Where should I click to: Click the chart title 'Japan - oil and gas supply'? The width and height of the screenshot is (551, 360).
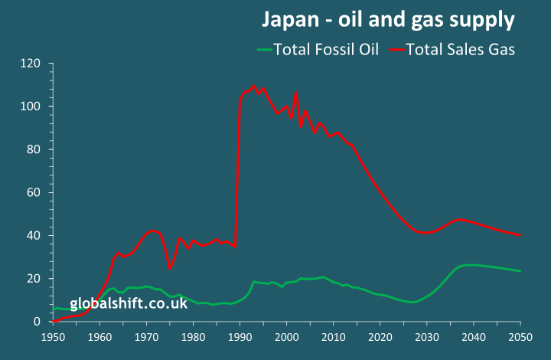click(389, 19)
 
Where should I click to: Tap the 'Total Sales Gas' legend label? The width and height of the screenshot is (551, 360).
click(460, 49)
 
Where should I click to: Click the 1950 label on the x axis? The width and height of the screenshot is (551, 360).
click(54, 336)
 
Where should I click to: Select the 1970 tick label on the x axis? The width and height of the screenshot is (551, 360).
click(147, 336)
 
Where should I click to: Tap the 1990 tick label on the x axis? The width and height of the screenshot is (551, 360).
click(240, 336)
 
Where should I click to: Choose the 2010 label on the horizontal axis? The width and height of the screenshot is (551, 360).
click(334, 336)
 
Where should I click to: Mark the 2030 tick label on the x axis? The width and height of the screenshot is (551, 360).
click(427, 336)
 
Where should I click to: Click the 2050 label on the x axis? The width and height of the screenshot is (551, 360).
click(520, 336)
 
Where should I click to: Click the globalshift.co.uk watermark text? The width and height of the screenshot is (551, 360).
click(129, 304)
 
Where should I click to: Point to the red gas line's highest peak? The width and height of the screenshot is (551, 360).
click(254, 87)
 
